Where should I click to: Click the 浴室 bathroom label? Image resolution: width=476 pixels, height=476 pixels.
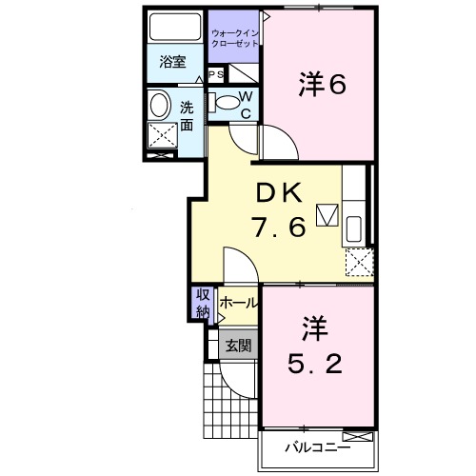(171, 63)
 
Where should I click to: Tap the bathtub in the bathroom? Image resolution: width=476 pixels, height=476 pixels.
(173, 26)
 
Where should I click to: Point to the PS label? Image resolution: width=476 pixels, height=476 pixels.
(215, 75)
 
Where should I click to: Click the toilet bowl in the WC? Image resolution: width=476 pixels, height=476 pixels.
(226, 102)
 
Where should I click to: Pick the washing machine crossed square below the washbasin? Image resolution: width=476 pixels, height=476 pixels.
(163, 138)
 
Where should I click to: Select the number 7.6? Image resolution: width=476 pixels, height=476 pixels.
(278, 228)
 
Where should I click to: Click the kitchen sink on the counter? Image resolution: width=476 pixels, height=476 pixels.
(352, 228)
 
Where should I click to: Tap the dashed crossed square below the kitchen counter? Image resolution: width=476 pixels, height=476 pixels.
(357, 260)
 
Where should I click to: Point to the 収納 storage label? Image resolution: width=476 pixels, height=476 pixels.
(204, 304)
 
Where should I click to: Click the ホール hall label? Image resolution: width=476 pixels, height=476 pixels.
(238, 303)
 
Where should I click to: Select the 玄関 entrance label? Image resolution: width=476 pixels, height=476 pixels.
(238, 346)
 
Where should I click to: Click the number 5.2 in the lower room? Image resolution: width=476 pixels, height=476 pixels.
(316, 364)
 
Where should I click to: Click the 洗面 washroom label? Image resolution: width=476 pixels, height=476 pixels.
(188, 114)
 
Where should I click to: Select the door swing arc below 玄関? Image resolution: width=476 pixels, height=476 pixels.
(232, 390)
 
